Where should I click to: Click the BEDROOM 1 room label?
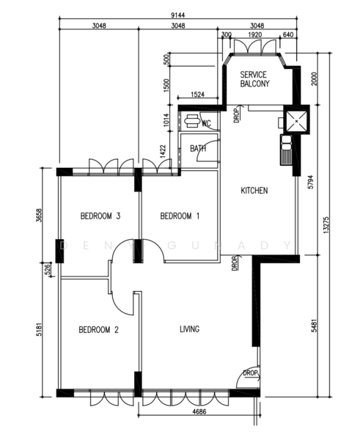(x=180, y=216)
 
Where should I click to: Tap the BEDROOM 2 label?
(x=98, y=330)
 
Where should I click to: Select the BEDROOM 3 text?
(x=100, y=216)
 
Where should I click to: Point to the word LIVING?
(x=189, y=329)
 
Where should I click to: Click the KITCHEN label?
(x=254, y=191)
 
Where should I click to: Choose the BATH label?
(x=198, y=149)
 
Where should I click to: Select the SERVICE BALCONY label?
(x=254, y=79)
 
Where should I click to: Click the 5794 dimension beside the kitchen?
(x=311, y=181)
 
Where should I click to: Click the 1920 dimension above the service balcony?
(x=255, y=34)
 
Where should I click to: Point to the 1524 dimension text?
(x=196, y=95)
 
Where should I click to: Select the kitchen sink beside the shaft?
(x=284, y=153)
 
